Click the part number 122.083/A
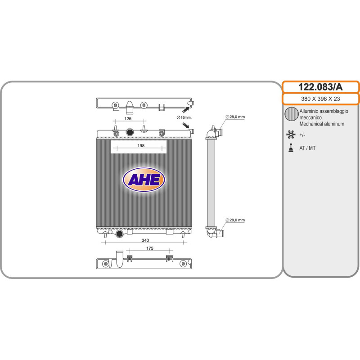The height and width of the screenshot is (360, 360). tap(320, 87)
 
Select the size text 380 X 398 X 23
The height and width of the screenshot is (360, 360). tap(320, 99)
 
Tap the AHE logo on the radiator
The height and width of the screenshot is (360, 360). tap(144, 180)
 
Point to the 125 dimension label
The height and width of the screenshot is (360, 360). tap(128, 118)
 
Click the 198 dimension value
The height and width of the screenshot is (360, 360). tap(141, 145)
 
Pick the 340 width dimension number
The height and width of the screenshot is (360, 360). tap(145, 240)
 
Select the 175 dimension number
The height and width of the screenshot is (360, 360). tap(150, 248)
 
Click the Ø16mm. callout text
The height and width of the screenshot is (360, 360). tap(184, 117)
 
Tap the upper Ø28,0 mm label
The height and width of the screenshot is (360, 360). tap(235, 117)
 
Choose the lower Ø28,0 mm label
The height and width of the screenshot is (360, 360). tap(235, 220)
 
